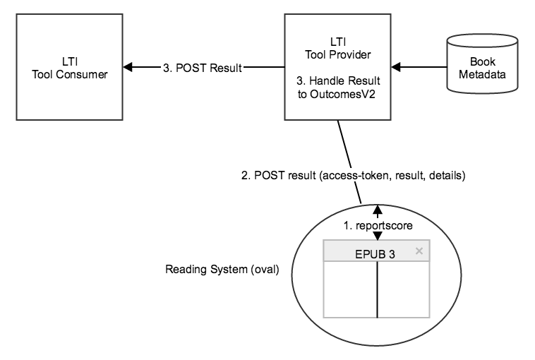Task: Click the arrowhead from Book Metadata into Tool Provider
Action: pyautogui.click(x=396, y=68)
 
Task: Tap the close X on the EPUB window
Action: pyautogui.click(x=419, y=251)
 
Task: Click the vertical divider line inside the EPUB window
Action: pyautogui.click(x=378, y=289)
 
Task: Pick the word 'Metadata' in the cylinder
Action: pyautogui.click(x=482, y=74)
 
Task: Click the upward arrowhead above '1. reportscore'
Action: pyautogui.click(x=378, y=209)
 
